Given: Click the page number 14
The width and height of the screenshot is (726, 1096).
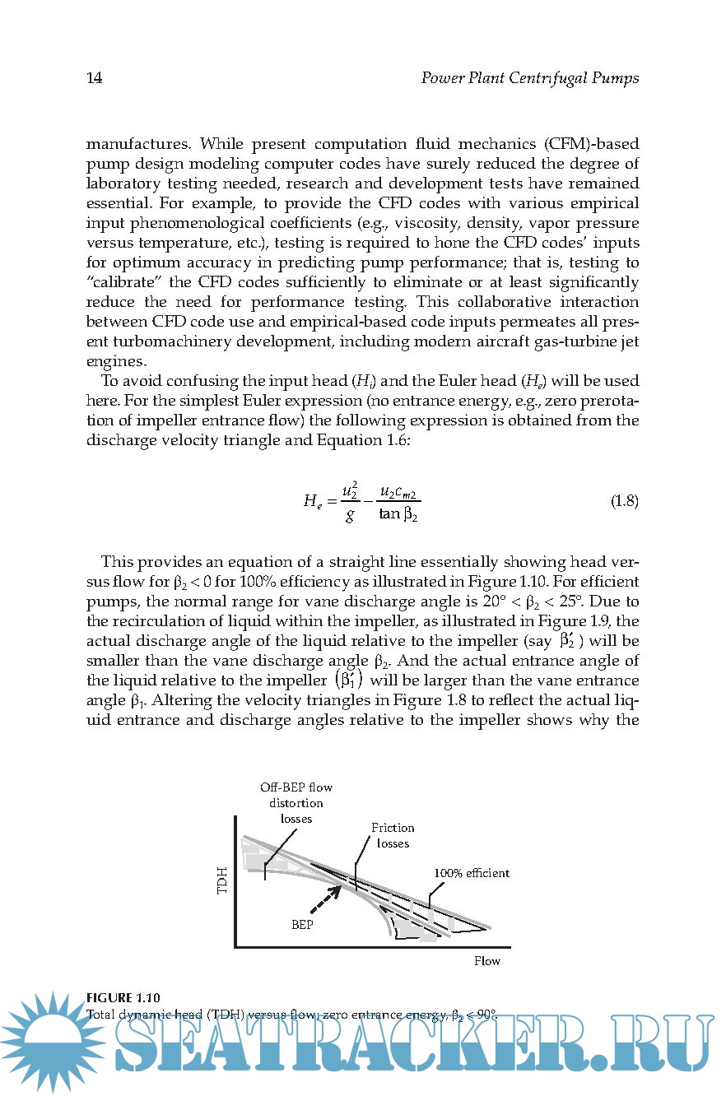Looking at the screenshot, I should coord(94,78).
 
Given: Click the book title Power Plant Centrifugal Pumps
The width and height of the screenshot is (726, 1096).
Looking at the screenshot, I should coord(529,78).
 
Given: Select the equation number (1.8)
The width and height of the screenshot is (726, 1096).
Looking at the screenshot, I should coord(624,501).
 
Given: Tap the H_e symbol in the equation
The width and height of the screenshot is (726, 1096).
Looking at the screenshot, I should coord(312,501).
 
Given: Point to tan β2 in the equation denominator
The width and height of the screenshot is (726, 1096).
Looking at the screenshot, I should coord(400,515).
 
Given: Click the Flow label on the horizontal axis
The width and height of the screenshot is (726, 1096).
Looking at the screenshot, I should coord(486,960).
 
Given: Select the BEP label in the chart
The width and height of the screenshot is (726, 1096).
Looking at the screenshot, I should coord(303,923).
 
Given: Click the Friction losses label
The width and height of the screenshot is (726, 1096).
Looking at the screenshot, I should coord(393,835).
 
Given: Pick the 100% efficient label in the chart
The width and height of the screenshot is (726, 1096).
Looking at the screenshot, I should coord(472,872).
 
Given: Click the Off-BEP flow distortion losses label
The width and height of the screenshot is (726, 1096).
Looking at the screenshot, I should coord(296,802).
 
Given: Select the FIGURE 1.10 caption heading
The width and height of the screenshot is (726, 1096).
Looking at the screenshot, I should coord(123,999).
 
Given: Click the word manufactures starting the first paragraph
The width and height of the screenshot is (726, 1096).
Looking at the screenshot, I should coord(139,143).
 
